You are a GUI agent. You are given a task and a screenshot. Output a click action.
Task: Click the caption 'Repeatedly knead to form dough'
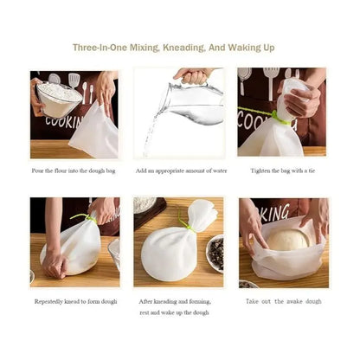pyautogui.click(x=74, y=301)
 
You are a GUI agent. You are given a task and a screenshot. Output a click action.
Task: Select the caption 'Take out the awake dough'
pyautogui.click(x=283, y=301)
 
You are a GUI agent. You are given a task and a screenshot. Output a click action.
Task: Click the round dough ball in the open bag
pyautogui.click(x=287, y=239)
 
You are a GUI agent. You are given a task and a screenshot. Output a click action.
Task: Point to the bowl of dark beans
pyautogui.click(x=214, y=253)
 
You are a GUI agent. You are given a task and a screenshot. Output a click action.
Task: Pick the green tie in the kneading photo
pyautogui.click(x=83, y=217)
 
